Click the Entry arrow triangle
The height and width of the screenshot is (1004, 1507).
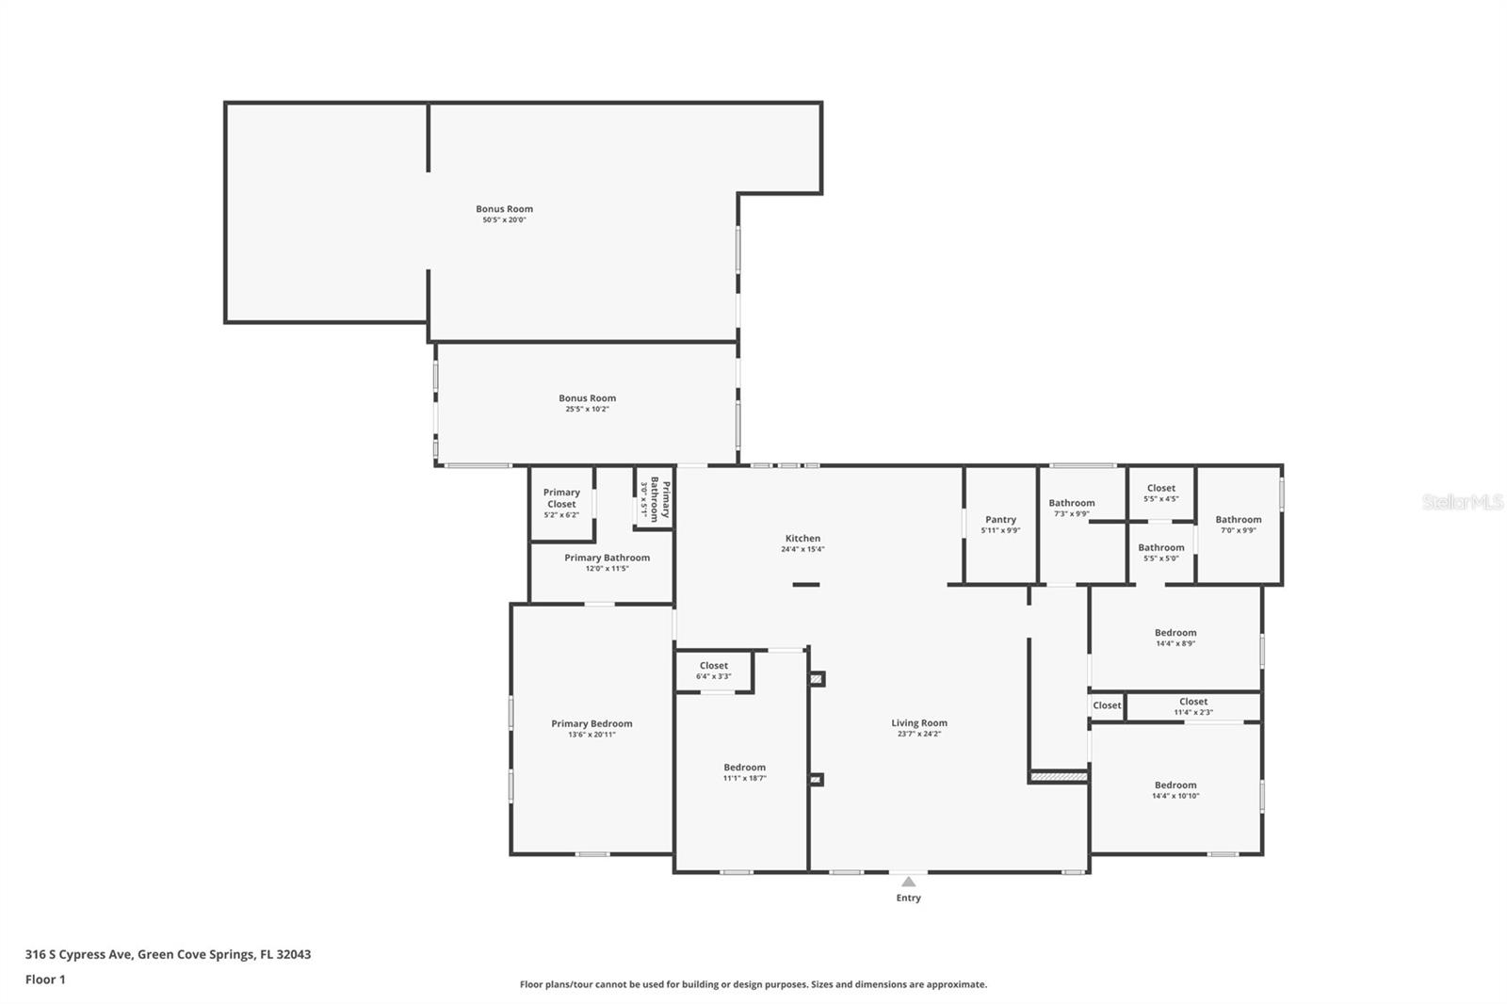(x=908, y=883)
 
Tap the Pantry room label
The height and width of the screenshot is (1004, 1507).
(x=1000, y=520)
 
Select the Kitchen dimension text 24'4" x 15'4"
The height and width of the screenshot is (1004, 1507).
(x=802, y=550)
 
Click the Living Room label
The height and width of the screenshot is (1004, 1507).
(x=919, y=723)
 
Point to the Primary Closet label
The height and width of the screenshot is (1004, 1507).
(x=561, y=498)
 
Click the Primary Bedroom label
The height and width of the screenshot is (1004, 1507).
(x=591, y=724)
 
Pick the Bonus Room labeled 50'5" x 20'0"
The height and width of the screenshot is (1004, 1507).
(x=504, y=210)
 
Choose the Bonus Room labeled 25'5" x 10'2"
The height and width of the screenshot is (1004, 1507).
(x=587, y=398)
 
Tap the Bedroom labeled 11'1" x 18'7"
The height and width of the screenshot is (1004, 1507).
(x=744, y=768)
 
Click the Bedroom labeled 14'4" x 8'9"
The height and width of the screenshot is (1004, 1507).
(x=1175, y=633)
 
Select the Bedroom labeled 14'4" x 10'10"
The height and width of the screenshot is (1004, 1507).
(x=1175, y=785)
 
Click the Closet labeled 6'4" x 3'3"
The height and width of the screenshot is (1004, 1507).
(x=713, y=666)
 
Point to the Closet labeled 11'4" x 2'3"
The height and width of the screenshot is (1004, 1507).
(x=1193, y=702)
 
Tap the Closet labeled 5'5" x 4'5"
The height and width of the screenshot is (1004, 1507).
(x=1160, y=489)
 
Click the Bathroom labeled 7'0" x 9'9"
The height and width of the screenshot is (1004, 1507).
(x=1238, y=520)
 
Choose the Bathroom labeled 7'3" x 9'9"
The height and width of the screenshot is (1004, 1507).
(x=1072, y=504)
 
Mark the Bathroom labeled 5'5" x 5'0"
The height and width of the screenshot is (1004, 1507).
(x=1160, y=548)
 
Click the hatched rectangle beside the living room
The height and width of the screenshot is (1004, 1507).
(x=1059, y=777)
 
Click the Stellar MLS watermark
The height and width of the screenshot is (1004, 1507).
(x=1462, y=502)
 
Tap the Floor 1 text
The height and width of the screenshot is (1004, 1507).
(x=45, y=980)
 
